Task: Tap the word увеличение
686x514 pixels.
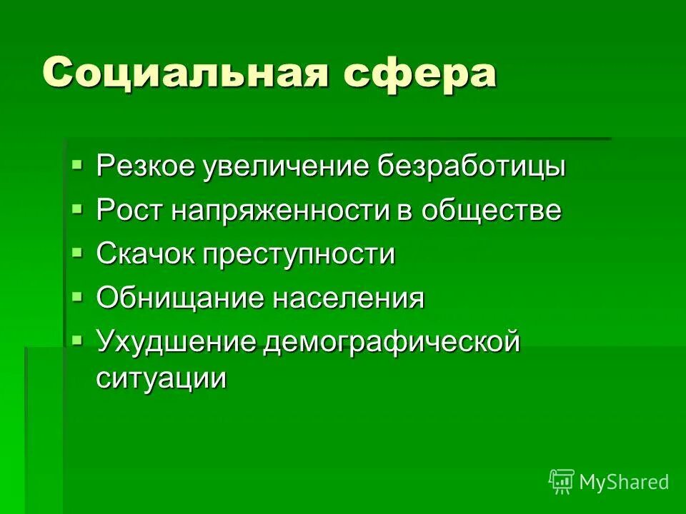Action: coord(285,167)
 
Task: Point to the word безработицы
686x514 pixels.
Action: coord(472,167)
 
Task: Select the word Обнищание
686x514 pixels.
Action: coord(178,298)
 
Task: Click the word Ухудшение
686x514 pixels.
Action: coord(176,342)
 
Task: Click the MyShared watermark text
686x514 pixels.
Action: coord(624,482)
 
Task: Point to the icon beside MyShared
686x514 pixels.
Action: coord(562,481)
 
